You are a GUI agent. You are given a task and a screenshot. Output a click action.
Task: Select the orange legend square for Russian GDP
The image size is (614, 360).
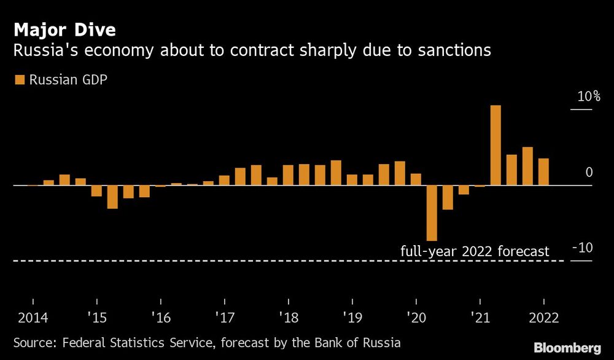click(18, 79)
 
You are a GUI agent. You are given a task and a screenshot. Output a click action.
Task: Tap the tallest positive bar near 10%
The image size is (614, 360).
click(495, 145)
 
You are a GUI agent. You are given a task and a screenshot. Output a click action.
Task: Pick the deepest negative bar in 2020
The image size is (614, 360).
click(432, 213)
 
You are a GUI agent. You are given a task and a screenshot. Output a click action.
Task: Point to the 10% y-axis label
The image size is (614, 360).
click(588, 97)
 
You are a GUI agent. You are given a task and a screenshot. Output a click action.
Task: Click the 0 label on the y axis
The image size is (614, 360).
click(589, 173)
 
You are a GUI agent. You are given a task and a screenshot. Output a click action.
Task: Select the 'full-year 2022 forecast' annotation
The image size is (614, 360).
click(475, 251)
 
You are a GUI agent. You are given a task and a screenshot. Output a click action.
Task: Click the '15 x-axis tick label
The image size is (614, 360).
click(96, 319)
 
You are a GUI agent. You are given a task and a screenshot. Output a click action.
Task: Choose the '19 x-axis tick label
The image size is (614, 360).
click(352, 319)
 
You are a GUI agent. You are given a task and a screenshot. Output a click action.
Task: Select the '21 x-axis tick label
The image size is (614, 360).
click(480, 319)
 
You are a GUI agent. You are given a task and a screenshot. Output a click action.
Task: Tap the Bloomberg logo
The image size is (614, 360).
click(567, 346)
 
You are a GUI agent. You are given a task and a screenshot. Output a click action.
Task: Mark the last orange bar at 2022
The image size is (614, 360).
click(543, 171)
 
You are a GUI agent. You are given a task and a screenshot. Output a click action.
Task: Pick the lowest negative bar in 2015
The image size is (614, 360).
click(112, 197)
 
